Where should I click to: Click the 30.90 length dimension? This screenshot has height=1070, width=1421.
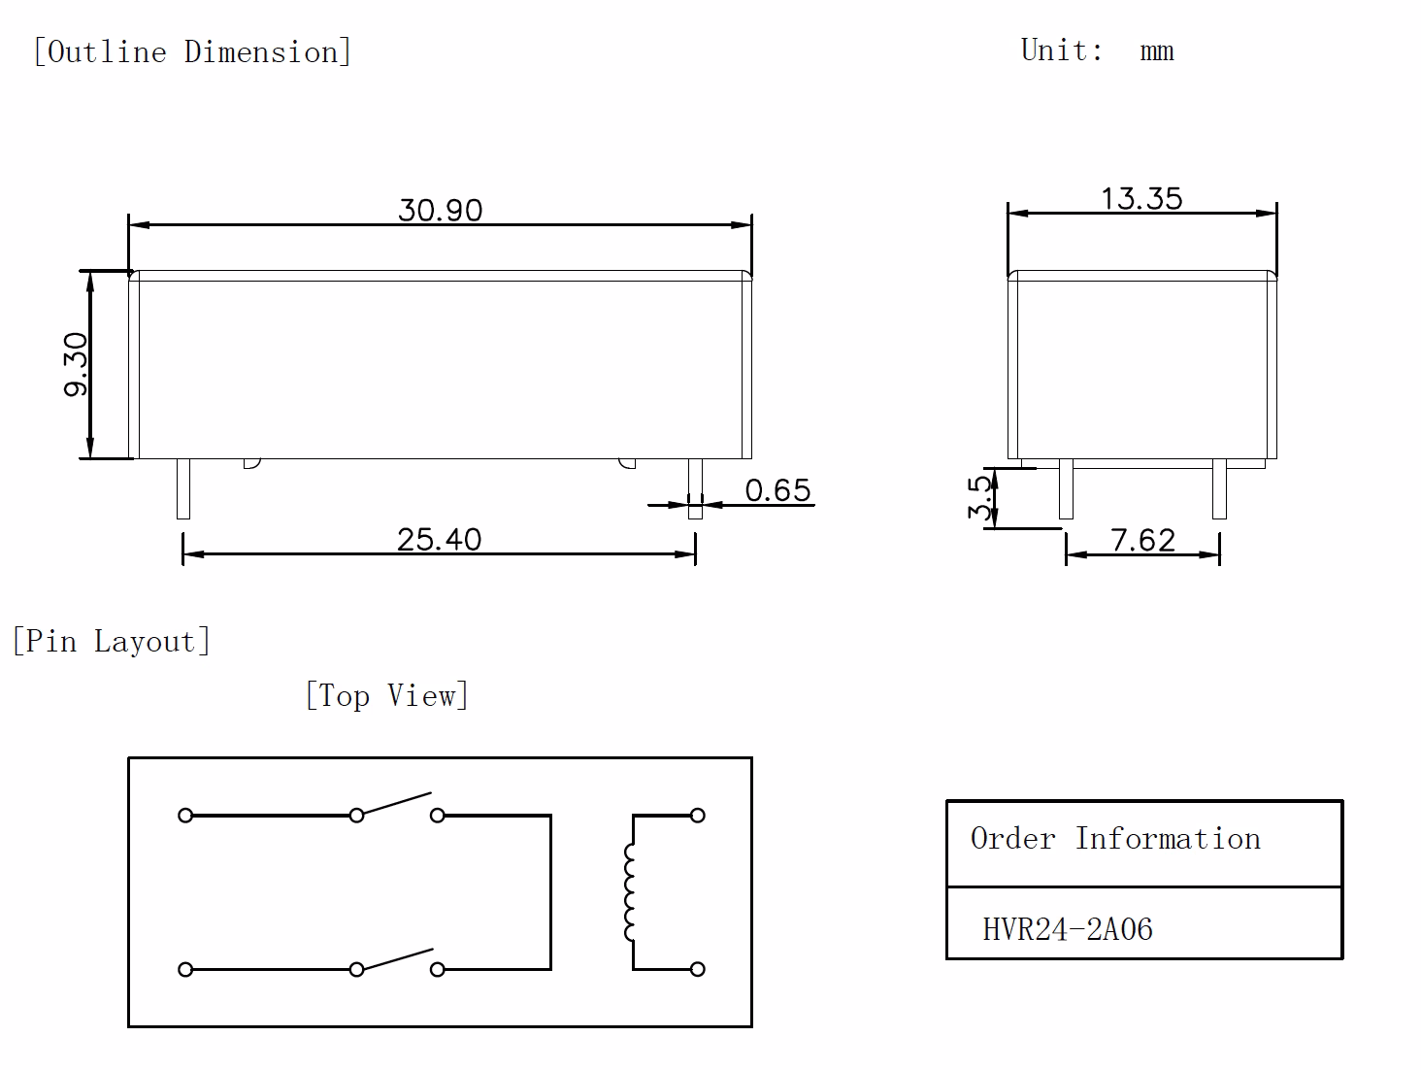[x=441, y=211]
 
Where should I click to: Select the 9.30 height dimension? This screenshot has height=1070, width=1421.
[x=76, y=364]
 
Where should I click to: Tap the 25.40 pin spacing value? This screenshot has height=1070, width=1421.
[x=439, y=539]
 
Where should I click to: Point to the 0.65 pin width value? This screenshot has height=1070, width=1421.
[x=777, y=490]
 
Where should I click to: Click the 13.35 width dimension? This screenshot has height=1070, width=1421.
[x=1142, y=199]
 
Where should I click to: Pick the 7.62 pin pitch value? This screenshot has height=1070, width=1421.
[x=1142, y=540]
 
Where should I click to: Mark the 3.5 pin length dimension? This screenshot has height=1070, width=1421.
[x=979, y=498]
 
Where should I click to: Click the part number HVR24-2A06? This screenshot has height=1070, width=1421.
[x=1068, y=929]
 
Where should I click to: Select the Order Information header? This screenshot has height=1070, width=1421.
[x=1115, y=838]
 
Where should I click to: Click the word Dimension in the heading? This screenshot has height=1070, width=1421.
[x=261, y=51]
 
